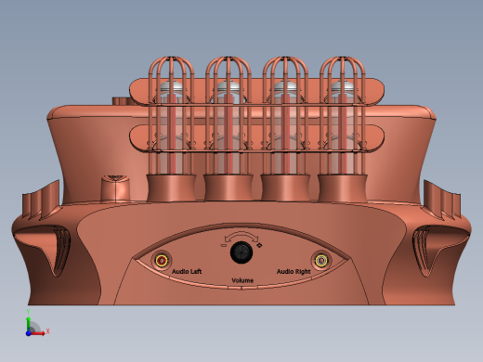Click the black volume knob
coord(241,252)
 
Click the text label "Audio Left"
coord(188,271)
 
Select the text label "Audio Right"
coord(294,271)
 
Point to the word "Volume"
coord(242,279)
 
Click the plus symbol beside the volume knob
coord(260,244)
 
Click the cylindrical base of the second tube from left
coord(228,187)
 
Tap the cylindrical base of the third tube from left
coord(284,187)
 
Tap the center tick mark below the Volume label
coord(242,288)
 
